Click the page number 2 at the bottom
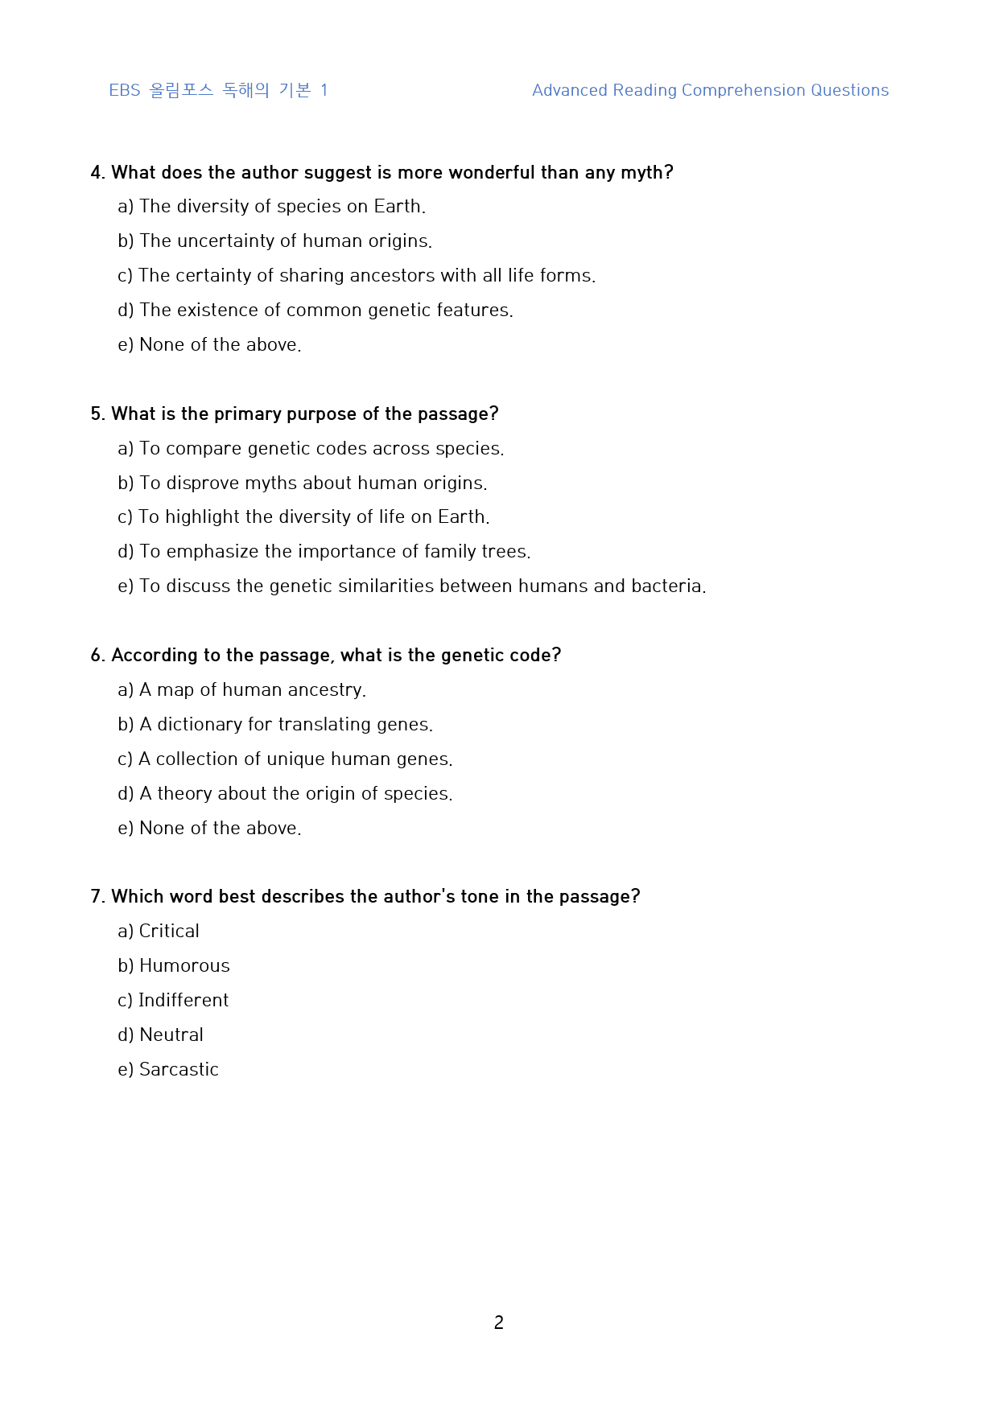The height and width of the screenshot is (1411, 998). click(498, 1322)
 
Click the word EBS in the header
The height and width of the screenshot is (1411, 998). click(125, 90)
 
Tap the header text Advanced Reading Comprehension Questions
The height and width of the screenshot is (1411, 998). click(710, 90)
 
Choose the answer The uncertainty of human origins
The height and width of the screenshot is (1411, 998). click(275, 241)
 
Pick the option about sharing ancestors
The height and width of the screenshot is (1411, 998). click(357, 275)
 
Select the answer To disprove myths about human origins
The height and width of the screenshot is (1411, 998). click(303, 483)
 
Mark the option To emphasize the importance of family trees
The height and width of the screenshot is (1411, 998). click(324, 551)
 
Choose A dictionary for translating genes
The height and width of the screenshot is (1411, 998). click(275, 724)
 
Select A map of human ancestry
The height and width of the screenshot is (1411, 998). click(242, 689)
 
